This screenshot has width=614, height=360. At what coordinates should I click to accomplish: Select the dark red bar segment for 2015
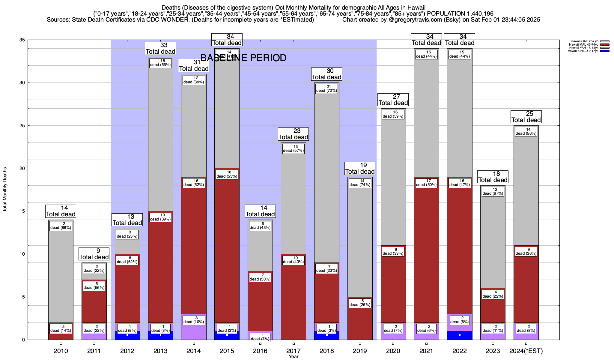227,249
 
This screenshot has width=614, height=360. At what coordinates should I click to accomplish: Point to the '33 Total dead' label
160,48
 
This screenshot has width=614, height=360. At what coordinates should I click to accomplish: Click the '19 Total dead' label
360,168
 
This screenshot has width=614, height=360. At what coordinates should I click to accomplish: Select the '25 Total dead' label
526,117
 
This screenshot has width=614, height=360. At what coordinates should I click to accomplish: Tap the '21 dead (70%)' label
327,88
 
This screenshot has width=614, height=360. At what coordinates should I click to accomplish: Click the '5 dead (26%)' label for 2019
360,303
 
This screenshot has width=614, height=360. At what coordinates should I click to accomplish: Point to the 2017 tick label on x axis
294,351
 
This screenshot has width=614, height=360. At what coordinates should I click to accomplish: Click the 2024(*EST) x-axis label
526,351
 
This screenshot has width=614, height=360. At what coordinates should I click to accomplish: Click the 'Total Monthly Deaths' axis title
5,190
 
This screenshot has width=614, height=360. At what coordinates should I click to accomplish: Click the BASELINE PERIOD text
243,58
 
